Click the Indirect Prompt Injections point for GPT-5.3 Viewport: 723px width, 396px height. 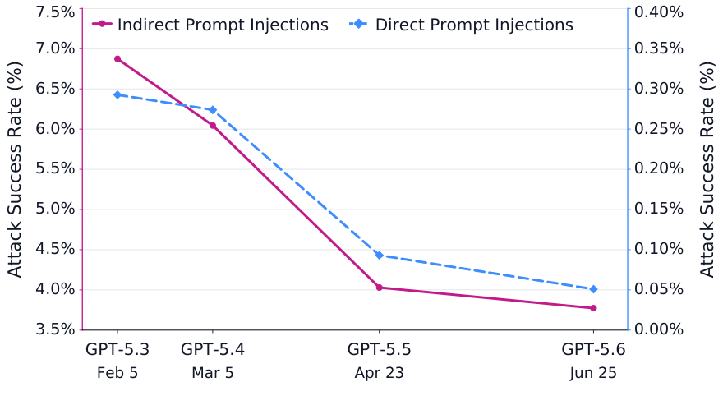(117, 59)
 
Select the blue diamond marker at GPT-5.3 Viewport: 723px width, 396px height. (117, 95)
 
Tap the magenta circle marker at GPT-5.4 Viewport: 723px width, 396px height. (213, 126)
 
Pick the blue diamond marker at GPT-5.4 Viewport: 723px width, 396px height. (213, 110)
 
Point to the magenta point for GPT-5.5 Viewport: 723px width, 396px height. (380, 288)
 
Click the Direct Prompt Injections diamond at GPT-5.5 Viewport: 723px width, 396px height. (380, 256)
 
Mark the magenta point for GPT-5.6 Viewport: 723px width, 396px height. (593, 308)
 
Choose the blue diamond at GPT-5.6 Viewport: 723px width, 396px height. (593, 289)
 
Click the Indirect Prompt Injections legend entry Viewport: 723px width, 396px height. (210, 25)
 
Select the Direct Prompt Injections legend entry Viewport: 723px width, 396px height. (461, 25)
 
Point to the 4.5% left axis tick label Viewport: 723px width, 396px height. (55, 250)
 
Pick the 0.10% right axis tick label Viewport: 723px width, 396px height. (659, 250)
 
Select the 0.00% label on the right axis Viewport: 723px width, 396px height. (659, 329)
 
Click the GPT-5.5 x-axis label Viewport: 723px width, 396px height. (380, 349)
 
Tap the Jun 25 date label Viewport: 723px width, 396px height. (593, 373)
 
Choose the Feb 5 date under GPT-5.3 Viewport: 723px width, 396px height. (117, 373)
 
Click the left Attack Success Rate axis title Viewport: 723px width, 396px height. (15, 169)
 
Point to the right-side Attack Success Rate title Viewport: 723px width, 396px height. (707, 169)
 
